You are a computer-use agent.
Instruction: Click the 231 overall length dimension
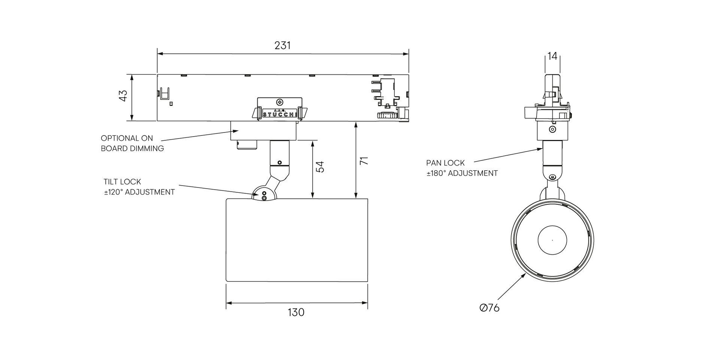(282, 45)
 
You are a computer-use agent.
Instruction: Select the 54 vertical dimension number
(320, 167)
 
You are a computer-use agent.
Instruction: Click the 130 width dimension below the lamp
(296, 312)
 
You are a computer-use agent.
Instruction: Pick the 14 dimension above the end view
(552, 56)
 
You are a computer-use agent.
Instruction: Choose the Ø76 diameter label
(489, 308)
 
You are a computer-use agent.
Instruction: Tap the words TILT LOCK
(122, 182)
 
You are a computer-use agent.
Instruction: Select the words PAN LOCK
(445, 163)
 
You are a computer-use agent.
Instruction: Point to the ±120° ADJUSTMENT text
(139, 192)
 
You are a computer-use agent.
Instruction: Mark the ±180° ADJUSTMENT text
(462, 174)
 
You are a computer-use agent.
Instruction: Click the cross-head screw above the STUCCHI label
(279, 102)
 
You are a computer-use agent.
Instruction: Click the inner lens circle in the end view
(552, 240)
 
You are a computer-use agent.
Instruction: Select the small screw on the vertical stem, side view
(279, 162)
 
